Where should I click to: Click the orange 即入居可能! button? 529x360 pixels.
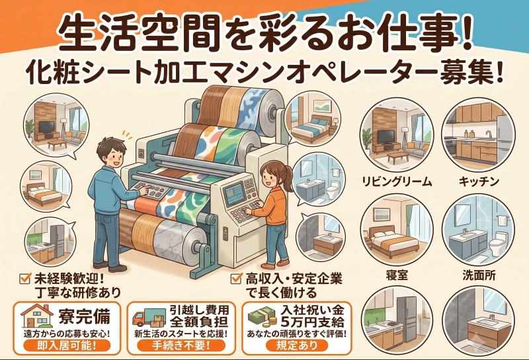tap(67, 345)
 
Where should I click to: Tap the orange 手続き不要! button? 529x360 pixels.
tap(181, 345)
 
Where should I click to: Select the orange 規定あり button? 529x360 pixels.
tap(297, 345)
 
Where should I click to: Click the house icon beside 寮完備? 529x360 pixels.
tap(37, 316)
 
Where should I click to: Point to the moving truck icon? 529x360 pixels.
tap(147, 318)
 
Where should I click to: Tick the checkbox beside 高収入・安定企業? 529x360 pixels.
tap(236, 279)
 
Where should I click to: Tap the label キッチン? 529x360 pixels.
tap(479, 182)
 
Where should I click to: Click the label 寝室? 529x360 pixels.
tap(397, 275)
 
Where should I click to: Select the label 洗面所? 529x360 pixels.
tap(479, 275)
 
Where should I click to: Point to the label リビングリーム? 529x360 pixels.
tap(397, 182)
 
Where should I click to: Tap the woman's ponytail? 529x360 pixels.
tap(288, 175)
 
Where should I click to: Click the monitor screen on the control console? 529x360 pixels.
tap(234, 193)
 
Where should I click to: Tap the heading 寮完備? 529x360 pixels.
tap(85, 316)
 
